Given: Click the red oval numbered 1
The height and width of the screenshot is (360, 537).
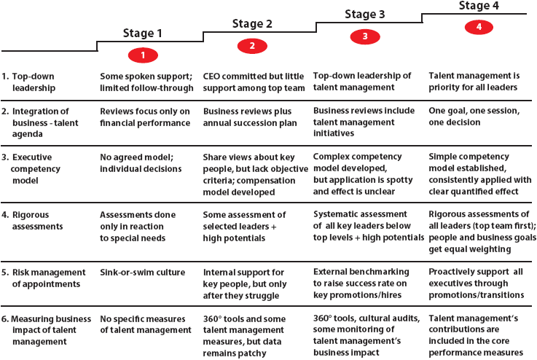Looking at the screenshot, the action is pos(143,55).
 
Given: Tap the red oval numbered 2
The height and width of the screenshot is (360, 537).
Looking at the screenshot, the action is pos(252,46).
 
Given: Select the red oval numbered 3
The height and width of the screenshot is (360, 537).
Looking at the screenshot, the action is pos(365,36).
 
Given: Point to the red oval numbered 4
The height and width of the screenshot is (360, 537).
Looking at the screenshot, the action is pos(479,27).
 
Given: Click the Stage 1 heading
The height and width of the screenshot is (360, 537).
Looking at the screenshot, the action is pos(142,34).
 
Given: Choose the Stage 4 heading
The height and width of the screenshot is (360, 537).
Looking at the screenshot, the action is pos(479,6).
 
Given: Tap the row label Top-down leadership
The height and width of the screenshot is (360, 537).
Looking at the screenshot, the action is pos(28,82).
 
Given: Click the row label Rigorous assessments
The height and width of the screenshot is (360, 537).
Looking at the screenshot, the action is pos(33,221).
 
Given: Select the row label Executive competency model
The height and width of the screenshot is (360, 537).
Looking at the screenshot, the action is pos(31,169).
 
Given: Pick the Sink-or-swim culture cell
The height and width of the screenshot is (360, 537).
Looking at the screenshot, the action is pos(143,273).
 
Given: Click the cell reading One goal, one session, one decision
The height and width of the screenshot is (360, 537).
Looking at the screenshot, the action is pos(474,117).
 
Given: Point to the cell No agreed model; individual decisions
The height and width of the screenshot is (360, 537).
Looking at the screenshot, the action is pos(141,163).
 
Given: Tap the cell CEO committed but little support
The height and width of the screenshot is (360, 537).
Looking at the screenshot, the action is pos(254,82).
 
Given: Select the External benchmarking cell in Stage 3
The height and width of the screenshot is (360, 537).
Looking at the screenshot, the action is pos(361,283).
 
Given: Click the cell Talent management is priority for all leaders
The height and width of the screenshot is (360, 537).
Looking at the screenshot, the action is pos(474,82).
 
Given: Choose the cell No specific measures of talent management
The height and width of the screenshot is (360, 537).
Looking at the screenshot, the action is pos(146,324).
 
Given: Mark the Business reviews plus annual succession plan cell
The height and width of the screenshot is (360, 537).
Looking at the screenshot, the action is pos(250,117).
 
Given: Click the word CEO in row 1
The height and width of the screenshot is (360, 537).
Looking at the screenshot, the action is pos(211,77).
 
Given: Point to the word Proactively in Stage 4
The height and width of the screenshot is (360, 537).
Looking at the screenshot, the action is pos(452,272).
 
